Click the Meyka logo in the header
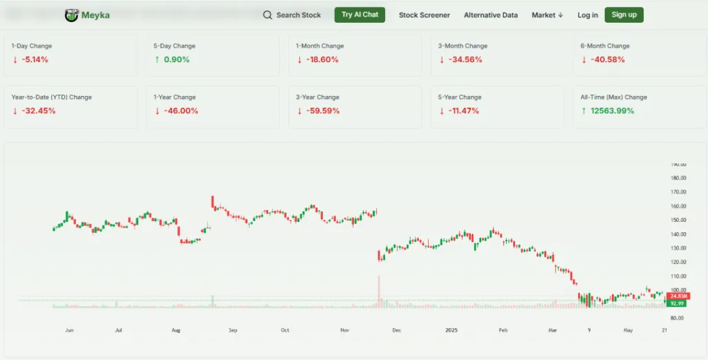coord(86,15)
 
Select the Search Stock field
coord(292,15)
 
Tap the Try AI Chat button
coord(360,15)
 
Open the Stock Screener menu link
coord(424,15)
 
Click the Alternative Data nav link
coord(490,15)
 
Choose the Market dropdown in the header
coord(547,15)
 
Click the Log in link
coord(587,15)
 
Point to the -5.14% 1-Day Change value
coord(35,59)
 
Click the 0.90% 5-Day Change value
coord(176,59)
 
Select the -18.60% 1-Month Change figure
coord(322,59)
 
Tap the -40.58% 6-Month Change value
coord(606,59)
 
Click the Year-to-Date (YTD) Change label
coord(51,97)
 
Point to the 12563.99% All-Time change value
coord(611,111)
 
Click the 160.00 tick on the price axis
coord(678,206)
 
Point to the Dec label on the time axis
coord(396,330)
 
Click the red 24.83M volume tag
coord(677,296)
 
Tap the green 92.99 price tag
coord(677,303)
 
